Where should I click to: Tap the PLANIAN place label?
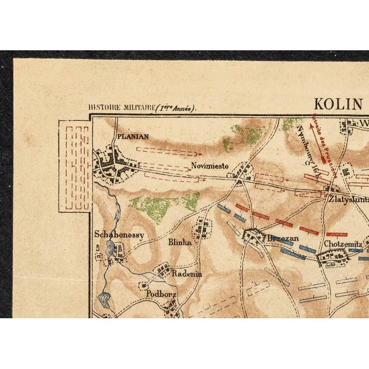click(133, 137)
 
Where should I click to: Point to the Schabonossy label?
click(119, 234)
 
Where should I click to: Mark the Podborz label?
click(161, 293)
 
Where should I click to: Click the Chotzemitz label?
click(343, 244)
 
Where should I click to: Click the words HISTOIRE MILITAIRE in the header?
click(121, 108)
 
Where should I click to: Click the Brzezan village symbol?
click(253, 235)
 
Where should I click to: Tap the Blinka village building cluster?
click(202, 227)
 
